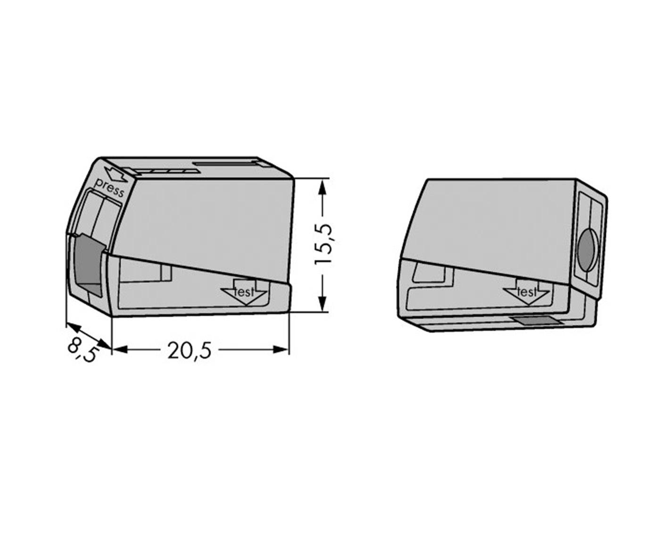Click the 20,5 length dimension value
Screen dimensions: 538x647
pos(189,350)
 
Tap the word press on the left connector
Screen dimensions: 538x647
pos(109,188)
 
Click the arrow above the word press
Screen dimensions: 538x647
pos(116,174)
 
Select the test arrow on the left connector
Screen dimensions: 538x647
pos(244,293)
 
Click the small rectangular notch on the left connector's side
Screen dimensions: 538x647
pos(166,272)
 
